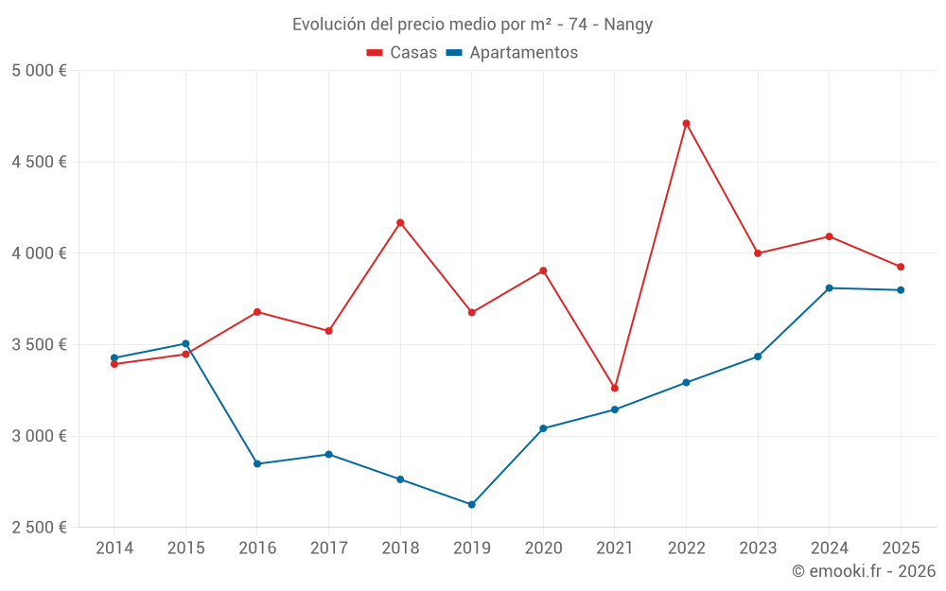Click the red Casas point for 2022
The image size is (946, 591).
click(x=686, y=123)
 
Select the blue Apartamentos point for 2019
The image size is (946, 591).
click(x=471, y=505)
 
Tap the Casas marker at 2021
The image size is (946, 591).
click(x=615, y=388)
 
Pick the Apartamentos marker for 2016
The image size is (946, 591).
click(x=257, y=464)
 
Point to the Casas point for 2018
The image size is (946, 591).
click(x=400, y=222)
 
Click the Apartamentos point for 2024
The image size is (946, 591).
click(x=829, y=287)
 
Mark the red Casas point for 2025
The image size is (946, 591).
click(x=901, y=267)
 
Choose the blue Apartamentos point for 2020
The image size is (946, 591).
click(x=543, y=428)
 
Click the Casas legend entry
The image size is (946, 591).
click(x=402, y=53)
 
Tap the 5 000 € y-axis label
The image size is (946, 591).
click(x=39, y=71)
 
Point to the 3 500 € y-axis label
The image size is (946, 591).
click(x=39, y=345)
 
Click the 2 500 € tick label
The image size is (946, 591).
click(x=39, y=528)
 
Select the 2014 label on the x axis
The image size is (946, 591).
click(x=114, y=548)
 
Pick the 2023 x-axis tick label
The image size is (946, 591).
click(x=758, y=548)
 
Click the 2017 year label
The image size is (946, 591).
click(x=328, y=548)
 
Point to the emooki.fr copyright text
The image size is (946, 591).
click(x=864, y=571)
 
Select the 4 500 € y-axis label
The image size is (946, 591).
click(x=39, y=163)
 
